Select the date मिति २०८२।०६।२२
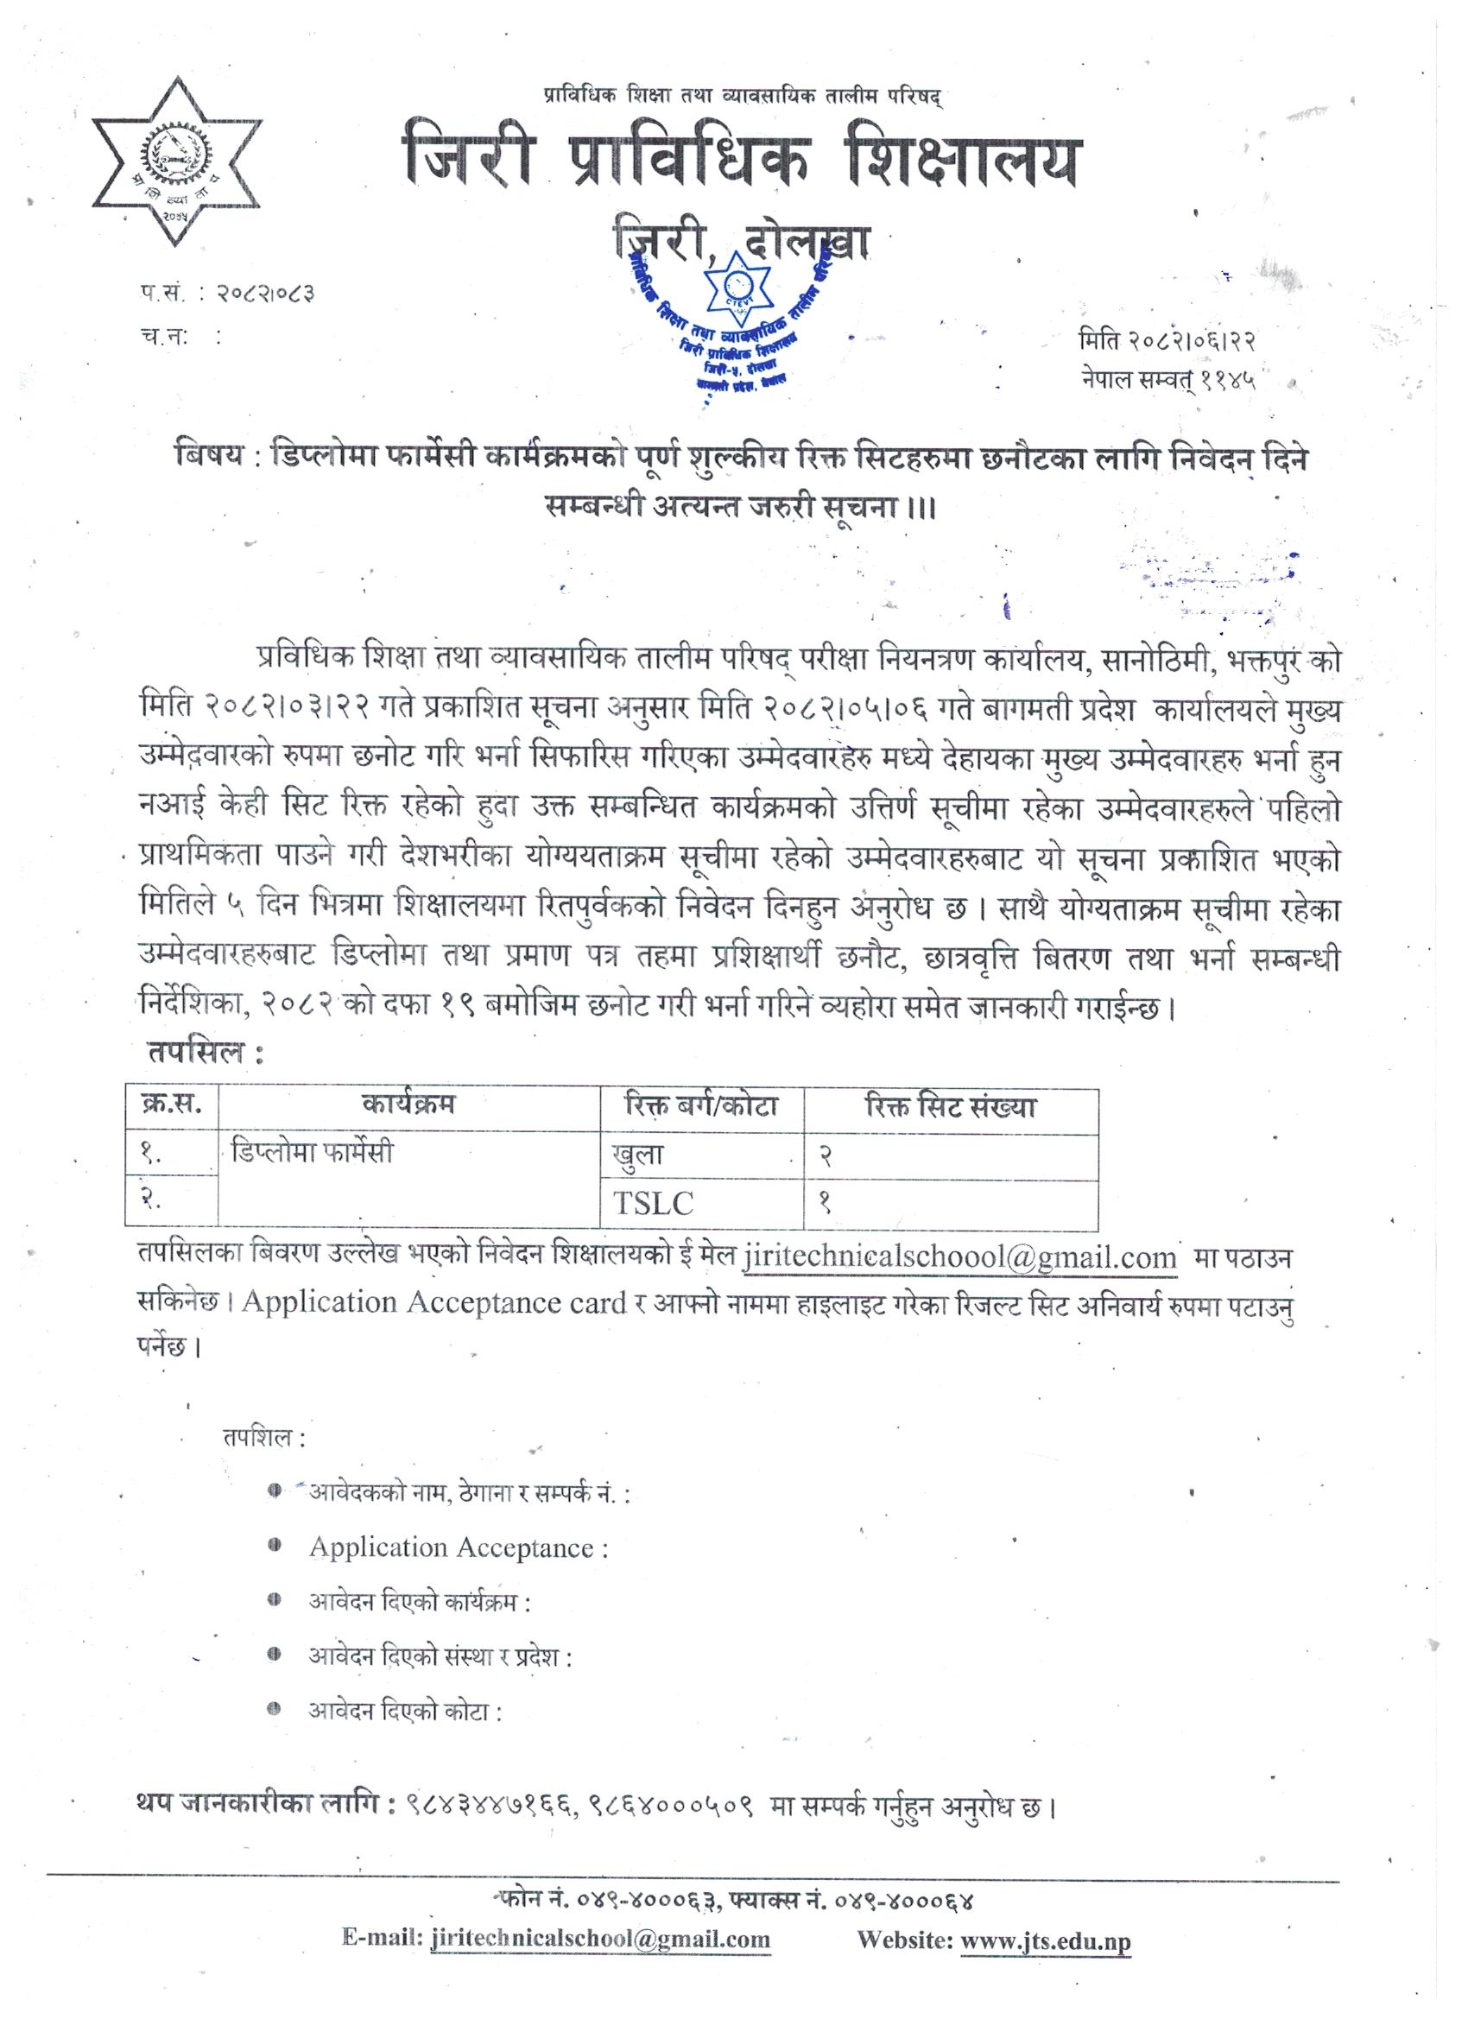coord(1167,341)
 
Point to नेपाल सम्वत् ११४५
coord(1167,381)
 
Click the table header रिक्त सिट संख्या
coord(950,1107)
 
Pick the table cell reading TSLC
coord(652,1204)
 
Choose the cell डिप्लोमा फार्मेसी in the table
coord(312,1154)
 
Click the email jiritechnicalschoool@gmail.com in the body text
coord(959,1258)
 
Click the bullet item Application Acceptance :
coord(459,1548)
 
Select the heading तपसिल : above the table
coord(204,1054)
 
